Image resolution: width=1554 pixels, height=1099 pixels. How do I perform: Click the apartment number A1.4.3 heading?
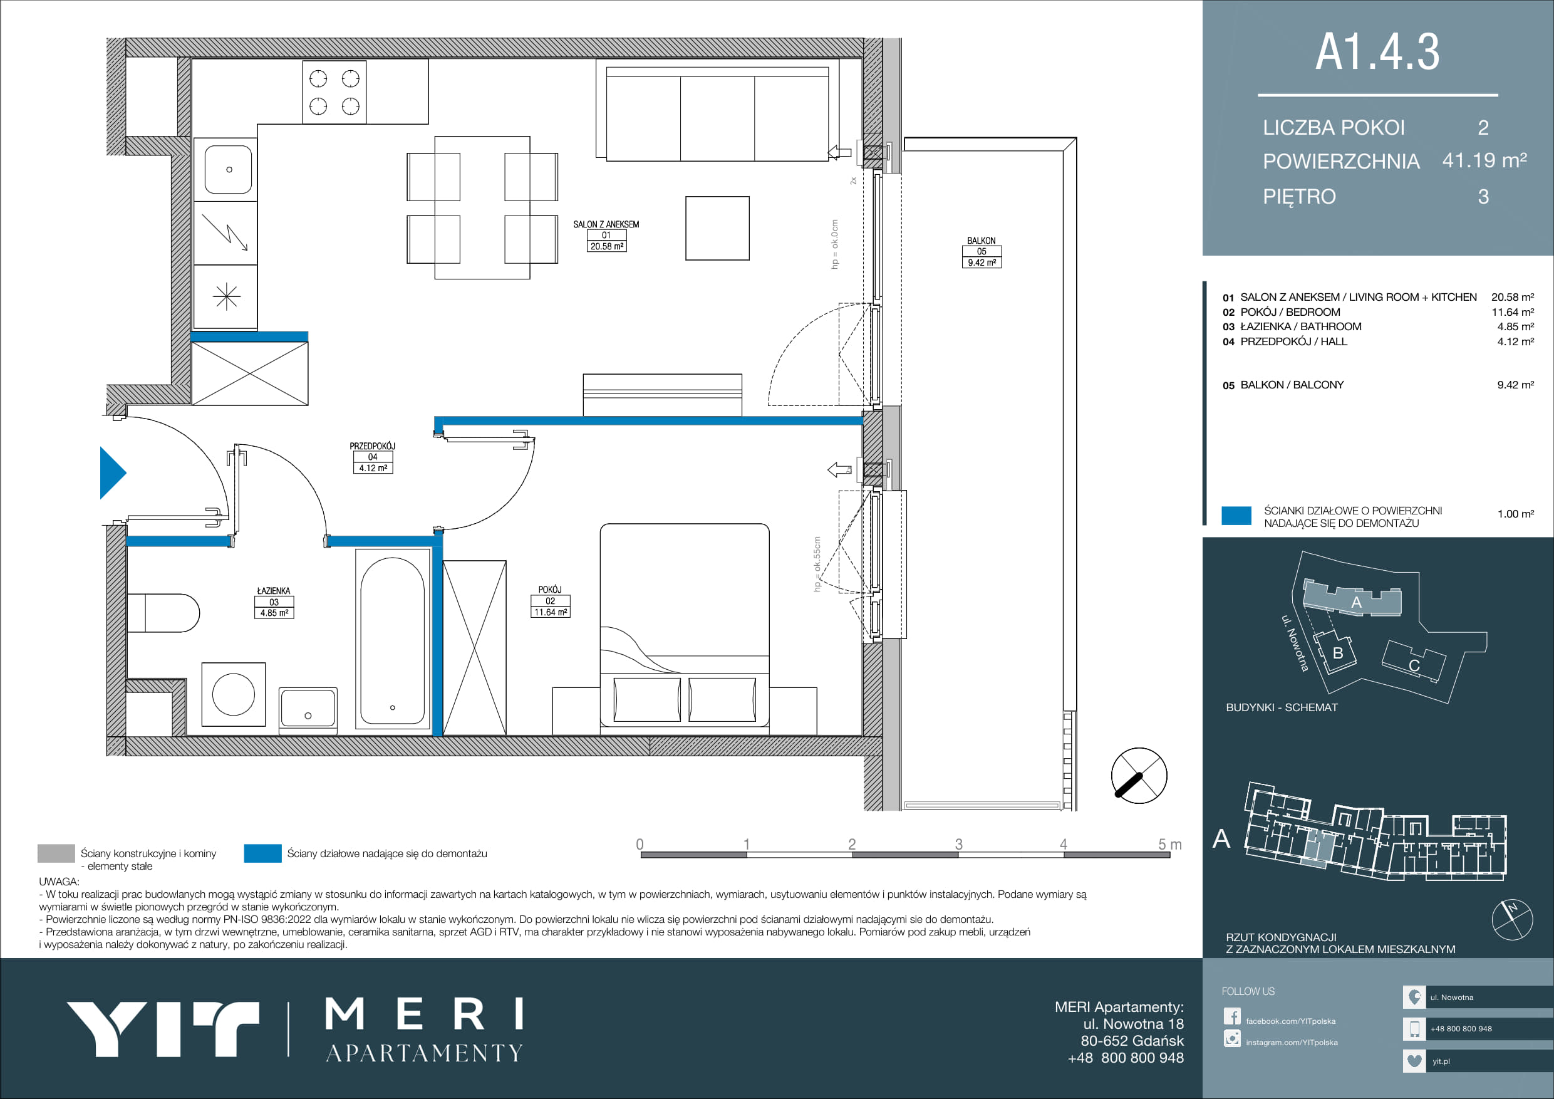pyautogui.click(x=1377, y=51)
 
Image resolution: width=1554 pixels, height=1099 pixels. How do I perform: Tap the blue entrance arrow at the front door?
pyautogui.click(x=111, y=472)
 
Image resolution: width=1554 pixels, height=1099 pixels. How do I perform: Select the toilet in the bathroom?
pyautogui.click(x=163, y=613)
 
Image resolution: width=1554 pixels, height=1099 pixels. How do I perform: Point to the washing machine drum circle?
pyautogui.click(x=234, y=694)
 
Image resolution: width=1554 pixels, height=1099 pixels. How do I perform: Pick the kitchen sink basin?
pyautogui.click(x=229, y=169)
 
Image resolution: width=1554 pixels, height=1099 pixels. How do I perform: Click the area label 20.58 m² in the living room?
pyautogui.click(x=606, y=246)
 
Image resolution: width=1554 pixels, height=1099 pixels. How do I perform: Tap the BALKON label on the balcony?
pyautogui.click(x=982, y=241)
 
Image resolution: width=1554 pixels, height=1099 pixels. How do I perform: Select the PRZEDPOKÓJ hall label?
pyautogui.click(x=372, y=446)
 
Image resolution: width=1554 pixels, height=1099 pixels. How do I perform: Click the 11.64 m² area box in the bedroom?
pyautogui.click(x=551, y=612)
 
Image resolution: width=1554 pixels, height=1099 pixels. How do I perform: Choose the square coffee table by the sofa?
pyautogui.click(x=717, y=228)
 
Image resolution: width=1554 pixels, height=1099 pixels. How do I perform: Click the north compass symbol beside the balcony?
pyautogui.click(x=1139, y=775)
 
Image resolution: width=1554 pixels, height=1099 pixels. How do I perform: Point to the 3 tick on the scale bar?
pyautogui.click(x=958, y=844)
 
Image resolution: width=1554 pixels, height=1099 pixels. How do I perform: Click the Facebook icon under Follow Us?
pyautogui.click(x=1232, y=1016)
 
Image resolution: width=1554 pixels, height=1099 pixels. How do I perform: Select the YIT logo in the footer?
pyautogui.click(x=162, y=1029)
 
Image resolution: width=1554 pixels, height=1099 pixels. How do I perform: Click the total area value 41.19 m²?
pyautogui.click(x=1484, y=160)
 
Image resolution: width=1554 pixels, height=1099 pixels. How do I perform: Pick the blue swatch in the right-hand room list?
pyautogui.click(x=1236, y=515)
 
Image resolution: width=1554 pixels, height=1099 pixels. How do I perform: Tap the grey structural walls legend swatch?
pyautogui.click(x=56, y=853)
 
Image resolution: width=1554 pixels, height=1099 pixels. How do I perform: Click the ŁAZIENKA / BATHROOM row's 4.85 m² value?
pyautogui.click(x=1515, y=326)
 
